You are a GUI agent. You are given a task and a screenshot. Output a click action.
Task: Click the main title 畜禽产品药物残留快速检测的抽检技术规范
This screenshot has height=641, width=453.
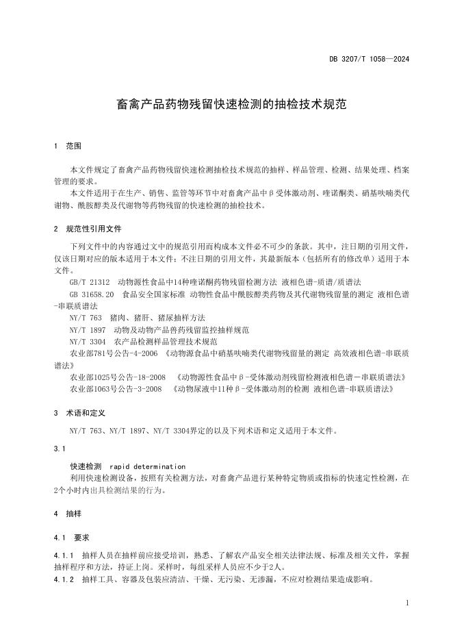pos(226,104)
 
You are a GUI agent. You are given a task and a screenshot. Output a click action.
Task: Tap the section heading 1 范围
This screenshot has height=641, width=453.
pos(67,146)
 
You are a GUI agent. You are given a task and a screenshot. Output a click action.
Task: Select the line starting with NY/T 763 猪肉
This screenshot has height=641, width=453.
pos(137,318)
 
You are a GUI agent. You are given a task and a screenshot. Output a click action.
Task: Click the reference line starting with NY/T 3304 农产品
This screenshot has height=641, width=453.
pos(143,342)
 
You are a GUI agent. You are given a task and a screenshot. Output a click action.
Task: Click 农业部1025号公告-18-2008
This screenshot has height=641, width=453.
pos(117,377)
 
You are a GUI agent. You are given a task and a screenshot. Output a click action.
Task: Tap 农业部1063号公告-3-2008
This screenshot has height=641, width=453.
pos(116,389)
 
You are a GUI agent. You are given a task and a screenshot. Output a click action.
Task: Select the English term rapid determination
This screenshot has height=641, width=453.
pos(147,466)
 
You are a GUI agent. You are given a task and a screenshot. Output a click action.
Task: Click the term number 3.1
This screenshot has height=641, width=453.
pos(58,449)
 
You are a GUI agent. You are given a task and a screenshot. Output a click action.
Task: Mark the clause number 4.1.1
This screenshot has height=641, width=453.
pos(63,555)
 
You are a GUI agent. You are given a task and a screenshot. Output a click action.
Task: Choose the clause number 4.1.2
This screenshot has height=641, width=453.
pos(63,579)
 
